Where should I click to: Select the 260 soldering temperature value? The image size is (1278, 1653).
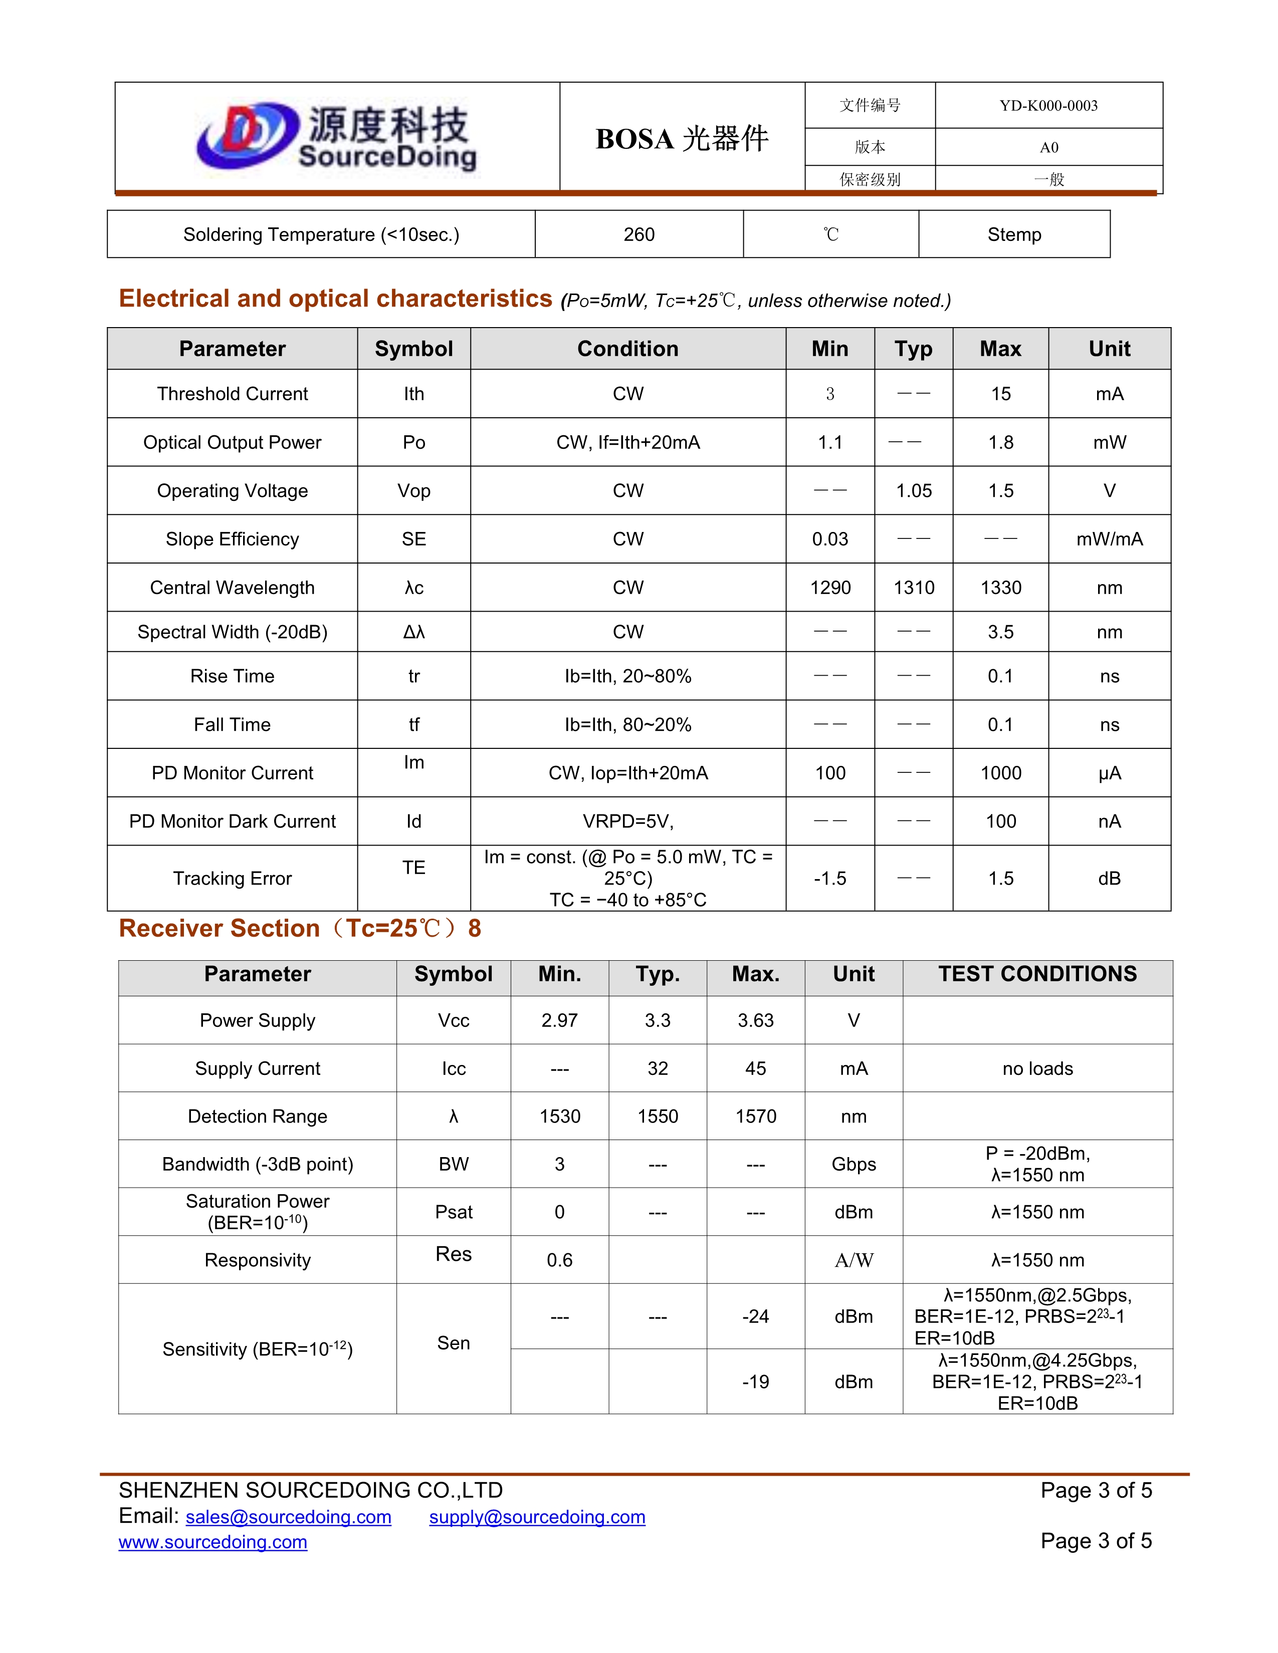639,234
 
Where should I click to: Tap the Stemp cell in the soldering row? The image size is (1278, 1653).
1014,234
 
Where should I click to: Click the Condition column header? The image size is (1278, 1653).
627,349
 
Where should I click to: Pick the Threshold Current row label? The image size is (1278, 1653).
233,394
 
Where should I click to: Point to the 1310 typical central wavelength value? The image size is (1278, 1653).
914,588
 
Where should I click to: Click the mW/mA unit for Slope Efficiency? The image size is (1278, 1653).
1109,539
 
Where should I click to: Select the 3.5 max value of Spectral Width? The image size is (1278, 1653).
1000,632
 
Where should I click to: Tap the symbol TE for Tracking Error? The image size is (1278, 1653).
413,868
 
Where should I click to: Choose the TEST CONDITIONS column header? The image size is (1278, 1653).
1037,974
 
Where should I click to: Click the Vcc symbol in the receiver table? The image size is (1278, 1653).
454,1021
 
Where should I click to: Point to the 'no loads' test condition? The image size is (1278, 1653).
1037,1069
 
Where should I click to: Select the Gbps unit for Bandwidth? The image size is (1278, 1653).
854,1164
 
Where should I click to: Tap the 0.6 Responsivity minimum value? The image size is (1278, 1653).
559,1260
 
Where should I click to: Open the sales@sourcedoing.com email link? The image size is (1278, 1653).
289,1518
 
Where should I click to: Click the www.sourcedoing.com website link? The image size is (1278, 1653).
212,1542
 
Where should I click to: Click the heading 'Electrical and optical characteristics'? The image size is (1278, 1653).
335,299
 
